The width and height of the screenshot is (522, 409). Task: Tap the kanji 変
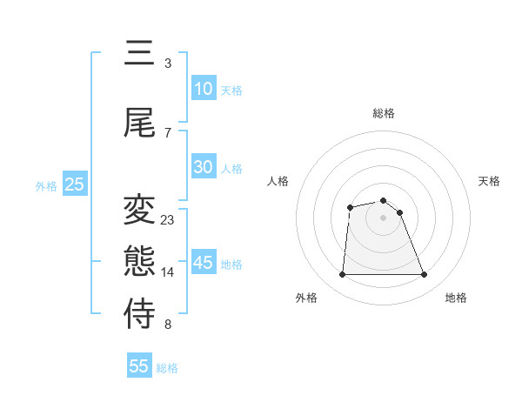tap(139, 209)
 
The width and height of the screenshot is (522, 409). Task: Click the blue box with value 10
tap(204, 89)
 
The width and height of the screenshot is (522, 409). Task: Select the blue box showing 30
tap(204, 167)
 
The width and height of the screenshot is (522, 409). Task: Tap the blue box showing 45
tap(204, 263)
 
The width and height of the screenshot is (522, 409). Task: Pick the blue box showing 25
tap(74, 184)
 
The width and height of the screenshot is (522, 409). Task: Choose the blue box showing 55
tap(139, 366)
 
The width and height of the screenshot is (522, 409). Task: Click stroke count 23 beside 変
tap(168, 220)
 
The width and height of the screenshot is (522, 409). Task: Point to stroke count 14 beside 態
tap(168, 272)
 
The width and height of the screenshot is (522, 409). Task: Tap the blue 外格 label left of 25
tap(46, 185)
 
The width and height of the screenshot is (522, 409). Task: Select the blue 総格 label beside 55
tap(167, 368)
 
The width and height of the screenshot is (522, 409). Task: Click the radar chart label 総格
tap(384, 113)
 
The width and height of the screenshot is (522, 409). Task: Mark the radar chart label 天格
tap(490, 181)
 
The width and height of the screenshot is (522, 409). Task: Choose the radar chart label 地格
tap(456, 298)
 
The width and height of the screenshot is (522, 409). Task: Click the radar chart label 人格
tap(278, 181)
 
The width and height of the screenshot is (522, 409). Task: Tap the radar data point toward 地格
tap(425, 275)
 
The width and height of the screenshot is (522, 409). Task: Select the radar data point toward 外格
tap(342, 275)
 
